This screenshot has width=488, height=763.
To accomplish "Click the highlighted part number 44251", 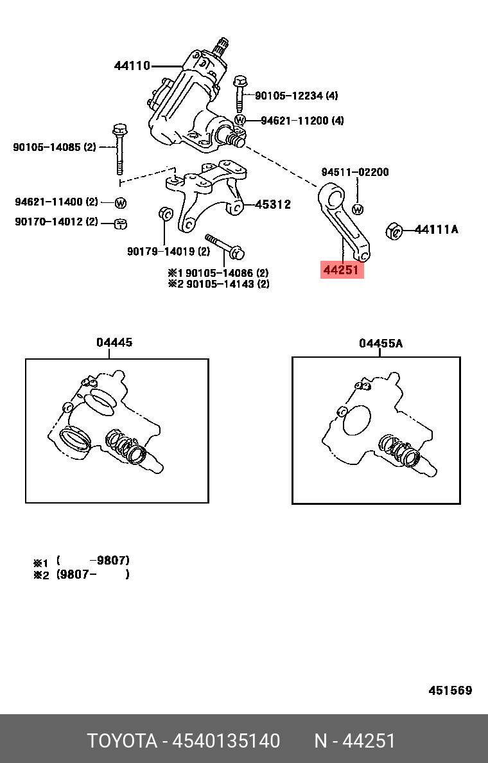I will point(342,270).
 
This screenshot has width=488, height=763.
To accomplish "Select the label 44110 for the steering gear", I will point(132,66).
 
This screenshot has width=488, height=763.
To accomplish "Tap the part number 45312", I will point(273,205).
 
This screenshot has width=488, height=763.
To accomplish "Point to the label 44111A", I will point(437,229).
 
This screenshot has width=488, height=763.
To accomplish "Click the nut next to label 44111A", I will point(394,230).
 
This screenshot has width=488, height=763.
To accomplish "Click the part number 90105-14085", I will point(54,147).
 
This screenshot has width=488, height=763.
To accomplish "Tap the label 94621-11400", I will point(57,202).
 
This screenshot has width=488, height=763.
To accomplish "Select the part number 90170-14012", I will point(57,222).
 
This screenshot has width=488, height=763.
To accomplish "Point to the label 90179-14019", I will point(168,251).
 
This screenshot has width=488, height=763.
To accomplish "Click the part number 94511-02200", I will point(355,172).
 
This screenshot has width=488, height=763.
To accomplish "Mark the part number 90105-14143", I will point(227,284).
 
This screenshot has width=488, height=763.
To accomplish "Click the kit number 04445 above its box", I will point(114,342).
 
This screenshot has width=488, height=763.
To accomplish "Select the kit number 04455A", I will point(381,344).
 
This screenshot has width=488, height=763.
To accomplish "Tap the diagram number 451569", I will point(450,690).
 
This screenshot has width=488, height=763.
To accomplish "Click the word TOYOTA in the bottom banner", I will point(122,741).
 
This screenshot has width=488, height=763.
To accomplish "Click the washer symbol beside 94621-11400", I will point(120,203).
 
